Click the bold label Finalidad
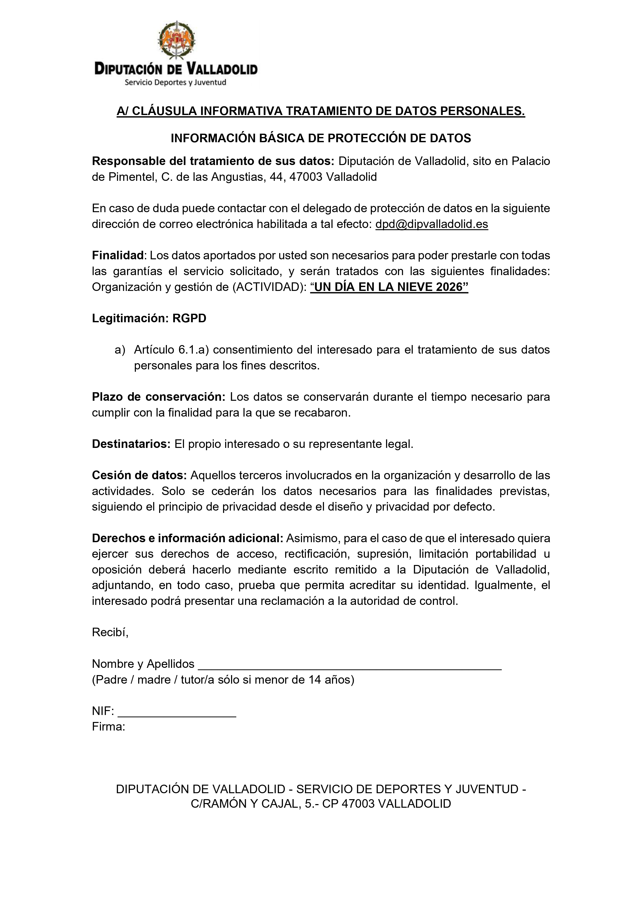(x=117, y=255)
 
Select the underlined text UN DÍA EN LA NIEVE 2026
(x=389, y=287)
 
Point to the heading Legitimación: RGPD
(x=149, y=318)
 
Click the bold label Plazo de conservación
(x=158, y=397)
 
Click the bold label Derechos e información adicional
(x=188, y=539)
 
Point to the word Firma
(x=108, y=727)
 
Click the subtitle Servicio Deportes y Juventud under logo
(x=175, y=82)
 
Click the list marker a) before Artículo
(x=120, y=350)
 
